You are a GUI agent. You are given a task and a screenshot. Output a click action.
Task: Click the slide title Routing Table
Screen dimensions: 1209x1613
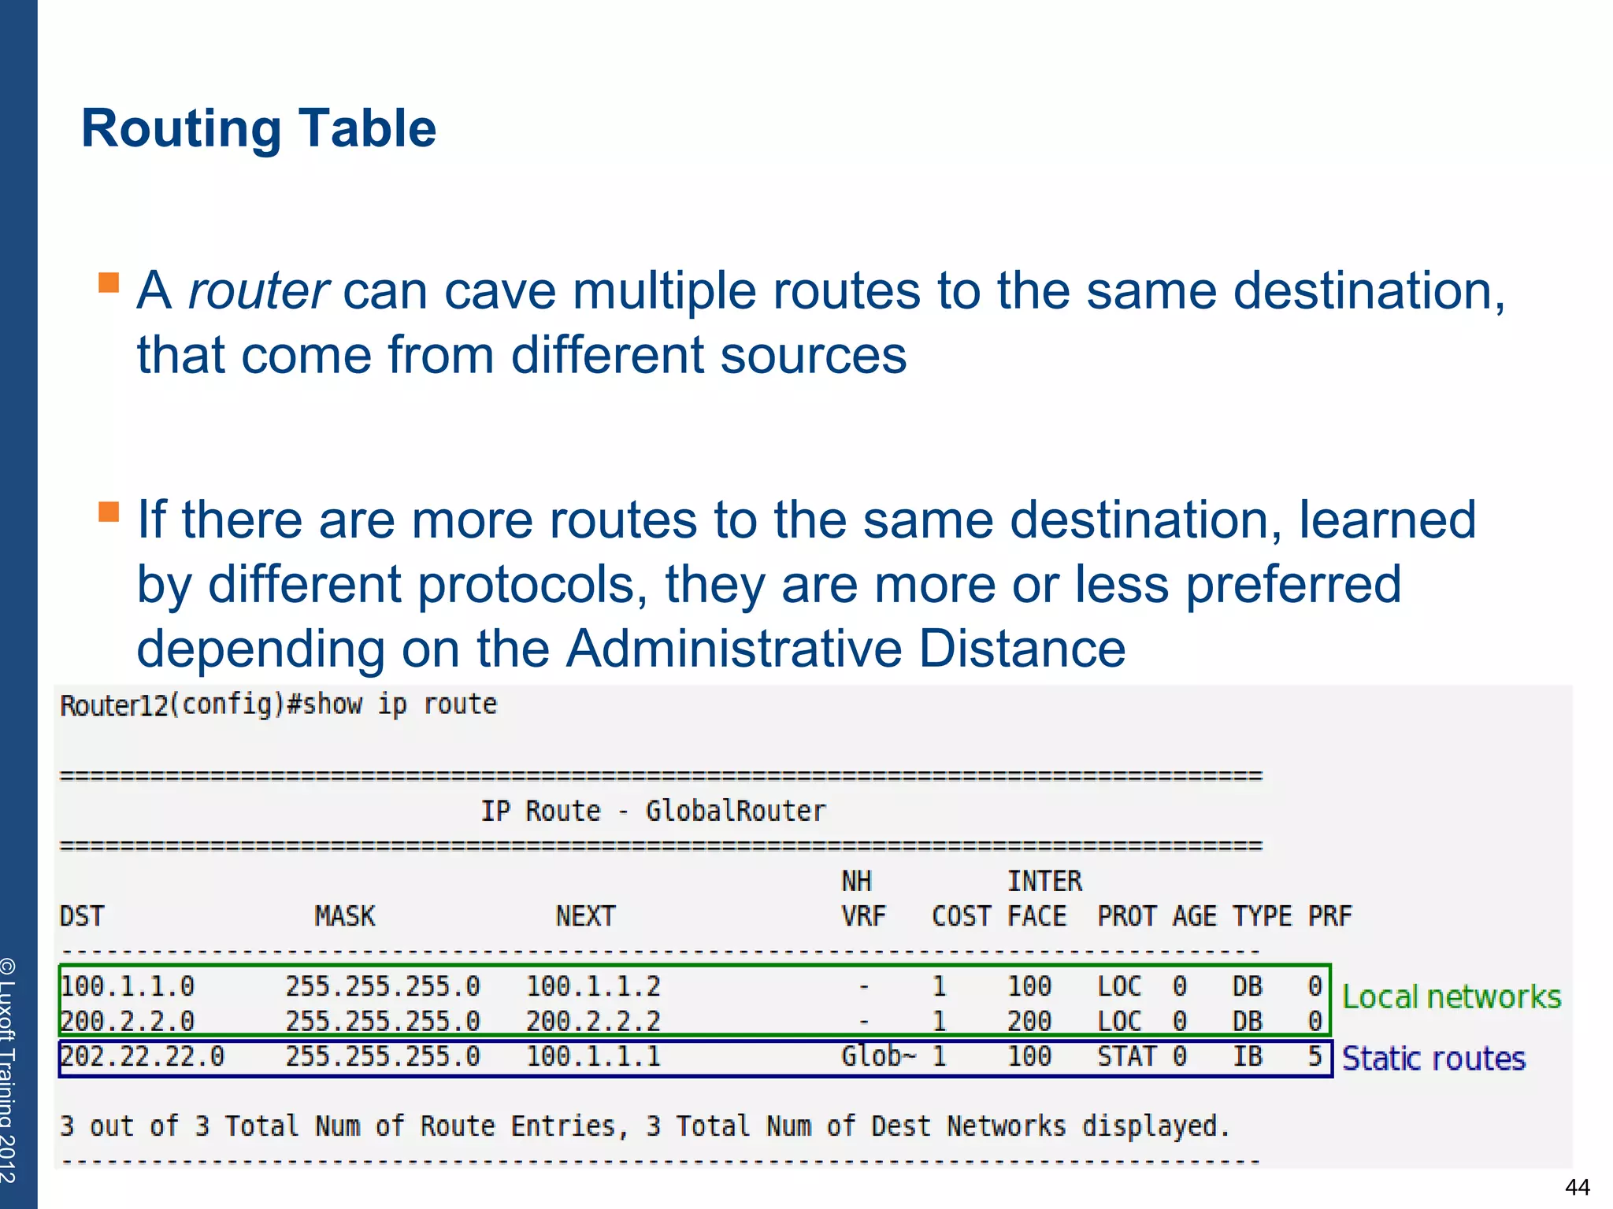point(258,128)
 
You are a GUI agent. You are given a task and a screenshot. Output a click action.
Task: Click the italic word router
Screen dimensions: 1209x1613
point(258,291)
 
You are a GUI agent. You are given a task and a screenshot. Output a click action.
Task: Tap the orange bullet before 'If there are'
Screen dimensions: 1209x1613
point(109,512)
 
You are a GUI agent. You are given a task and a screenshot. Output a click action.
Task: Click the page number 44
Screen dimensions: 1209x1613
point(1577,1187)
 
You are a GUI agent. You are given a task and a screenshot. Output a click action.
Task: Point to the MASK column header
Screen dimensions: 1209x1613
point(345,916)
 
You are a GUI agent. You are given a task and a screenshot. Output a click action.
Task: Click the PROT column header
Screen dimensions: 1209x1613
point(1126,916)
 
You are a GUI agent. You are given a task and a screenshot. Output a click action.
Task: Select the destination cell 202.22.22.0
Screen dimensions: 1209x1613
point(143,1056)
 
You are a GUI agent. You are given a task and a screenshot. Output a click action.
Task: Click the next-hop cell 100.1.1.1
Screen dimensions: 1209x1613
point(593,1056)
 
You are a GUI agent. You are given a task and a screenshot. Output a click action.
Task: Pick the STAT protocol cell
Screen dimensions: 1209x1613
point(1126,1056)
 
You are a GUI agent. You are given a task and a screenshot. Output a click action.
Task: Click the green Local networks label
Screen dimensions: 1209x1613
point(1451,997)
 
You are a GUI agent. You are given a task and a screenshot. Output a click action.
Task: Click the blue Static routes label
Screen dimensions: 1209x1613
point(1433,1059)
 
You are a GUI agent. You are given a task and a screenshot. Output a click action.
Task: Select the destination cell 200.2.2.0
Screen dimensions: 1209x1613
point(128,1022)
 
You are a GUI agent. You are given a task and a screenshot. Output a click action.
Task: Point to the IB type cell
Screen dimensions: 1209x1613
point(1247,1056)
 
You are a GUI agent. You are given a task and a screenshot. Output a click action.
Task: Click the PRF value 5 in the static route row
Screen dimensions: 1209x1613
point(1315,1056)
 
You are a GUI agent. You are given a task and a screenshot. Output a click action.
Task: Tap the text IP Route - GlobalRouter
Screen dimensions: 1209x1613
point(653,811)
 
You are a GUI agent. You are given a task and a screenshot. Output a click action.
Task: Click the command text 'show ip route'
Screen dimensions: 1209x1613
point(400,704)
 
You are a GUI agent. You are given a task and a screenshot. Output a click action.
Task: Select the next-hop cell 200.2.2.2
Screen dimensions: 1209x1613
point(593,1022)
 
